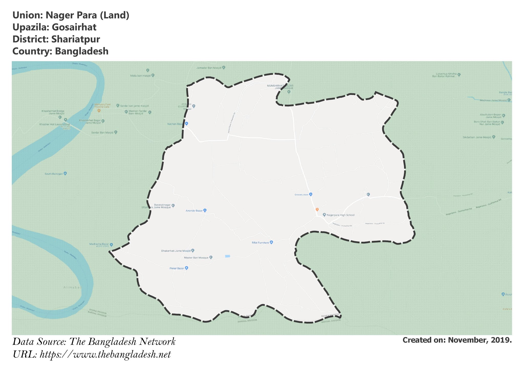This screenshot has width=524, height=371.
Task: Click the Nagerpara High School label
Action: coord(341,215)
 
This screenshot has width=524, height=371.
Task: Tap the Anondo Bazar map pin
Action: coord(205,211)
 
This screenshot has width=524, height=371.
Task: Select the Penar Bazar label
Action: coord(177,269)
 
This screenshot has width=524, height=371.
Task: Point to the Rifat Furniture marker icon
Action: coord(271,242)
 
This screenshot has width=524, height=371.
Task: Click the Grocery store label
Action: coord(301,195)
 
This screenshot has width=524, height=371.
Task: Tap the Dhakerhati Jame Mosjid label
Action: coord(176,251)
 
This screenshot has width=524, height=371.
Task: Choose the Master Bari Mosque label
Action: coord(196,258)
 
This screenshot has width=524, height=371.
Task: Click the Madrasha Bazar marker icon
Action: coord(111,245)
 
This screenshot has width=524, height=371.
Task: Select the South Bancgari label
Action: coord(54,174)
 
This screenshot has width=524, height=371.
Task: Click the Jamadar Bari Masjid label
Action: coord(209,68)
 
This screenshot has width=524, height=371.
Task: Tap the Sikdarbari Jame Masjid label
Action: coord(477,138)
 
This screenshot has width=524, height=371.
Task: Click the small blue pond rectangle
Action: coord(227,256)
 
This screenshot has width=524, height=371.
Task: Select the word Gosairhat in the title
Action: coord(74,27)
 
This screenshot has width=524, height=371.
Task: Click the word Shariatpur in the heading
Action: coord(75,39)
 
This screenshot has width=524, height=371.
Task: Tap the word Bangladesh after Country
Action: coord(82,51)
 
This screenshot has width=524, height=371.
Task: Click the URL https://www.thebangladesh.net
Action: coord(105,355)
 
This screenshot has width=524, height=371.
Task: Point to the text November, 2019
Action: coord(480,340)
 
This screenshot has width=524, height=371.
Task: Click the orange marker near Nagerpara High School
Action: coord(317,209)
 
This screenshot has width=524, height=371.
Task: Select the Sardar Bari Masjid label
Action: coord(102,133)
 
